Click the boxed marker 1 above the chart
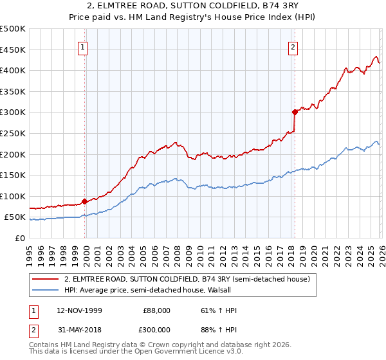point(85,46)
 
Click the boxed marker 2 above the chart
point(293,46)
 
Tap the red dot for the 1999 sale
point(85,201)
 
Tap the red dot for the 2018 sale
point(295,112)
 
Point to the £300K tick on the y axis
point(14,113)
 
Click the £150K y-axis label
point(14,175)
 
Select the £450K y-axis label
point(14,50)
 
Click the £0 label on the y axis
point(19,238)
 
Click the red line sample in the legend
point(45,279)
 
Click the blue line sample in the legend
point(45,289)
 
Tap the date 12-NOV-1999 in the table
point(80,310)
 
